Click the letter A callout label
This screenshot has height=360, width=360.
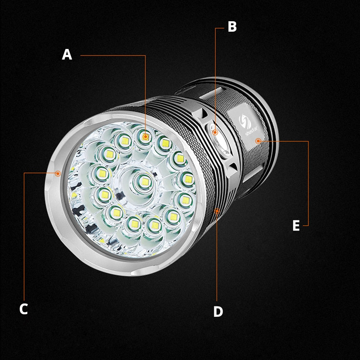click(67, 55)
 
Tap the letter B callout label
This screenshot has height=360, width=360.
click(232, 27)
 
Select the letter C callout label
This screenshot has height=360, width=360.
click(23, 309)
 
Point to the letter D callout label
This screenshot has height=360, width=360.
click(218, 312)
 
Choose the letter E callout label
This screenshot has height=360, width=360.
click(296, 226)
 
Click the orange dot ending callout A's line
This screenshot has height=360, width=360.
click(145, 136)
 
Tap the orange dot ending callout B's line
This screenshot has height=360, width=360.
click(215, 132)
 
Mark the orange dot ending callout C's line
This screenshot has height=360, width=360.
click(58, 174)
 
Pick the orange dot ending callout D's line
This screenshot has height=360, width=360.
click(217, 211)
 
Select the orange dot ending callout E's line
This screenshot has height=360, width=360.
click(258, 141)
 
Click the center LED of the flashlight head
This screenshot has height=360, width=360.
click(143, 180)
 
